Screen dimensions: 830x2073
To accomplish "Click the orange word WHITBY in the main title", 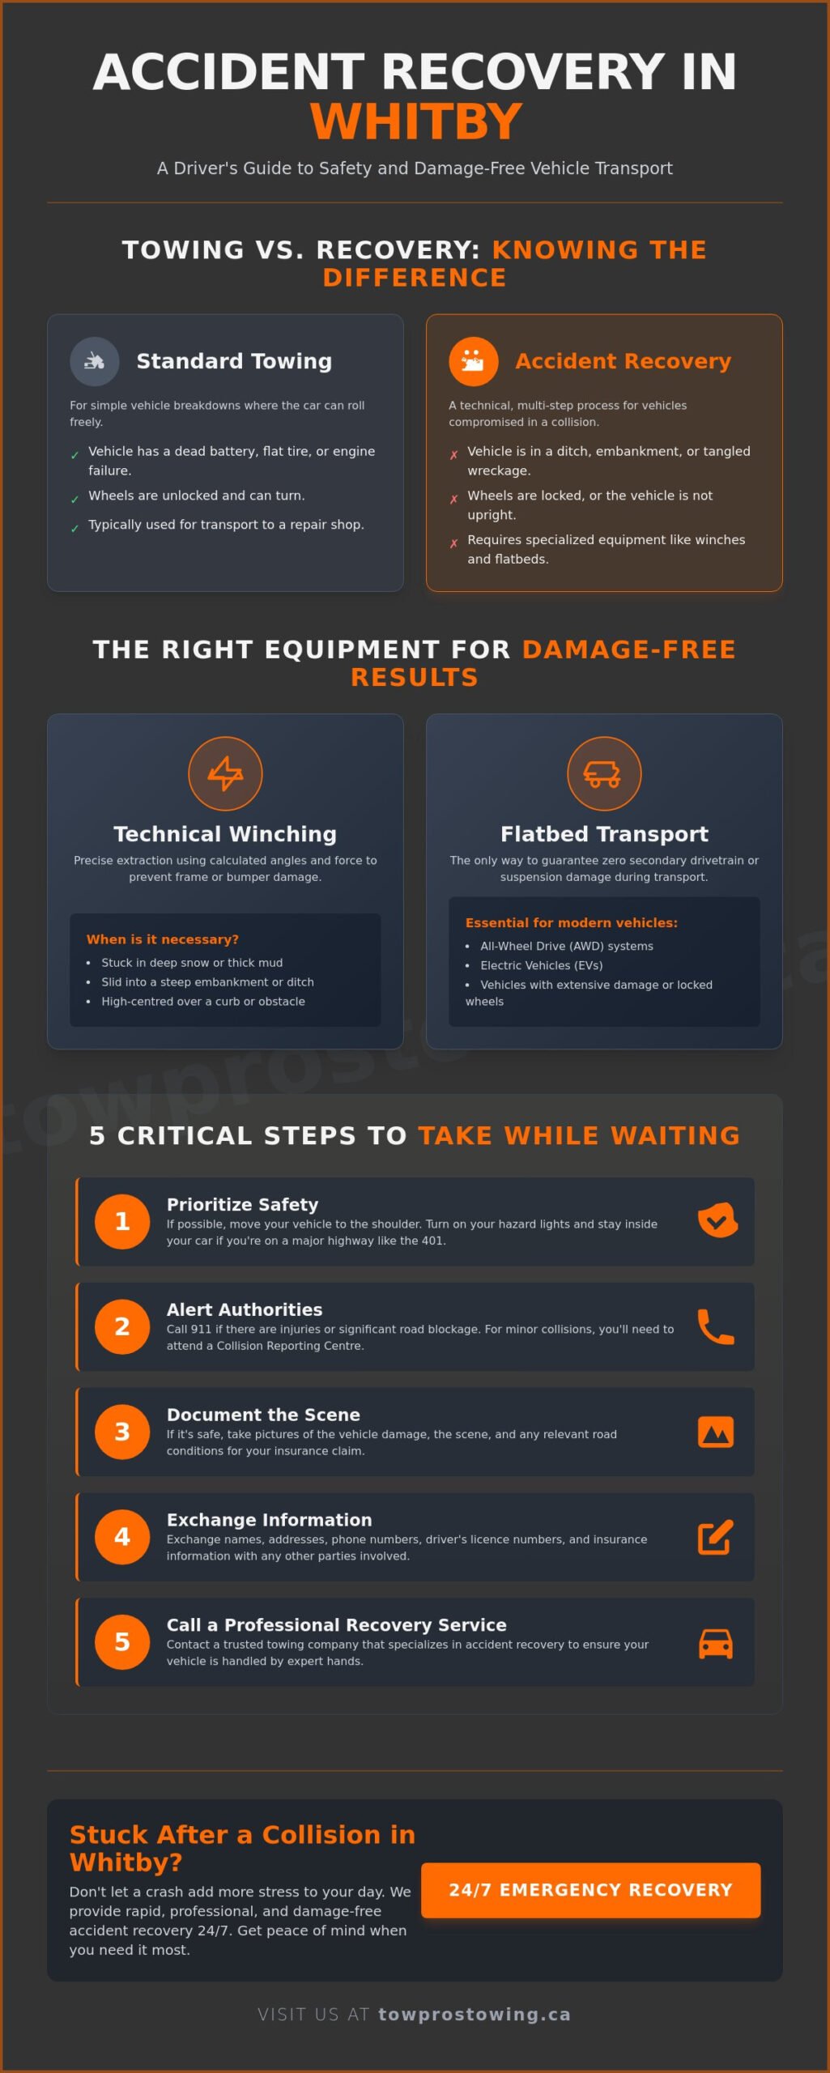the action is pos(416,121).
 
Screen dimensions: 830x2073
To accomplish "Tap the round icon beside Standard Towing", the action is pos(95,361).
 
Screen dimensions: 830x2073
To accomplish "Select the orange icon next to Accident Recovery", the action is pos(474,361).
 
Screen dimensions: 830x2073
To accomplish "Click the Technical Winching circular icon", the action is pos(225,773).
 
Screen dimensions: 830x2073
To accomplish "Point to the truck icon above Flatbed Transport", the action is pos(604,773).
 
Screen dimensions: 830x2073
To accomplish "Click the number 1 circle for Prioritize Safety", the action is pos(122,1221).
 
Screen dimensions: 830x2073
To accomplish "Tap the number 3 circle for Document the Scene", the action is pos(122,1432).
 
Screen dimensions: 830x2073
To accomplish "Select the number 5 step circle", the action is pos(122,1642).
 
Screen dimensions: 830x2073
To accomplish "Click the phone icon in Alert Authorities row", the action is pos(716,1326).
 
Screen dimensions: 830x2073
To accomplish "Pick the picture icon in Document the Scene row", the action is pos(716,1432).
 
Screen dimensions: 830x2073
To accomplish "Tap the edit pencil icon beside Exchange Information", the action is pos(716,1537).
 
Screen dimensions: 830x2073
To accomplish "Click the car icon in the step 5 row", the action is pos(716,1643).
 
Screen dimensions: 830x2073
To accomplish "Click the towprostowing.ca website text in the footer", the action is pos(475,2014).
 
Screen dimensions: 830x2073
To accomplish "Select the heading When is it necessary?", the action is pos(163,939).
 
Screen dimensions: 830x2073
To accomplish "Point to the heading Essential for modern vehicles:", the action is pos(572,922).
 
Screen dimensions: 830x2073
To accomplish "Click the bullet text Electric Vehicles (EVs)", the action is pos(542,965).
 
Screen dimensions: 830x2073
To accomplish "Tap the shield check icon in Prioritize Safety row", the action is pos(717,1220).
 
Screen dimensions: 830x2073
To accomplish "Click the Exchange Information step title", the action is pos(270,1520).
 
